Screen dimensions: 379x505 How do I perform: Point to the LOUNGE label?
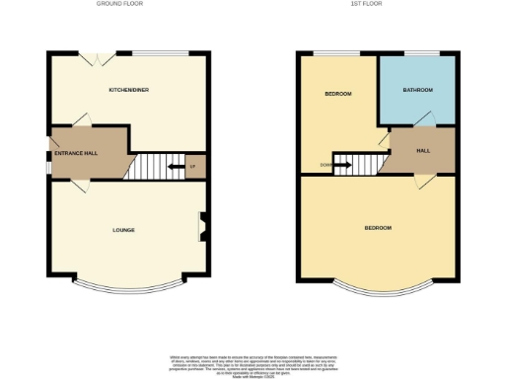[x=123, y=230]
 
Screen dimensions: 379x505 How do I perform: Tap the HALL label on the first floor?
[x=423, y=151]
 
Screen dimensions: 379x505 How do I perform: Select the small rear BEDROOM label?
[x=338, y=94]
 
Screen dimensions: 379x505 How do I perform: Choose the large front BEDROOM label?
[x=378, y=228]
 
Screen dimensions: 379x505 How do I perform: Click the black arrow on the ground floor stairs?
[x=177, y=166]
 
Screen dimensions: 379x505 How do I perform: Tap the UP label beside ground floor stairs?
[x=192, y=166]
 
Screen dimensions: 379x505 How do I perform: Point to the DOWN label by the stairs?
[x=325, y=165]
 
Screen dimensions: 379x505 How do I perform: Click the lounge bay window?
[x=128, y=288]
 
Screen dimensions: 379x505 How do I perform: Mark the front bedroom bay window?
[x=379, y=288]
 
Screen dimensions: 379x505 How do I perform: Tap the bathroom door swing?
[x=422, y=119]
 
